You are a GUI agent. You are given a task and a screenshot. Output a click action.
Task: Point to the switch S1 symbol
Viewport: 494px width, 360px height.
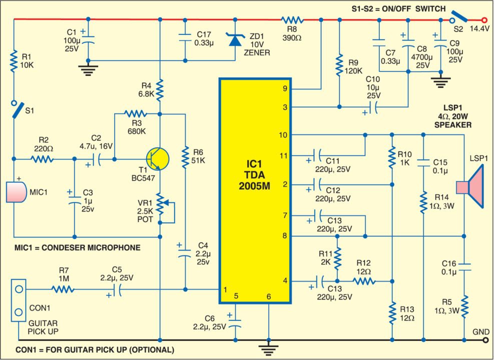coord(16,109)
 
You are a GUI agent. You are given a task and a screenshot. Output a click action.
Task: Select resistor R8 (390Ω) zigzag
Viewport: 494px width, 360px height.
coord(292,20)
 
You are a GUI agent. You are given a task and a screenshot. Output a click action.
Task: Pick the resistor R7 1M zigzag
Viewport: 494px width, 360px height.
coord(63,288)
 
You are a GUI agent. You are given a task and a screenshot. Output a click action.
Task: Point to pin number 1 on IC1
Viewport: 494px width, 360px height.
coord(225,289)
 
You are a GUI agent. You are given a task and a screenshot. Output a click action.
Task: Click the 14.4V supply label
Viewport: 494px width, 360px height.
coord(479,29)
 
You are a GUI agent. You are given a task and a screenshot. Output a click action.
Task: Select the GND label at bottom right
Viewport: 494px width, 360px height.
coord(478,331)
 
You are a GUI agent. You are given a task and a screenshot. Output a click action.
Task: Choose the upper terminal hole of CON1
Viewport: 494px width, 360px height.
coord(19,289)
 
